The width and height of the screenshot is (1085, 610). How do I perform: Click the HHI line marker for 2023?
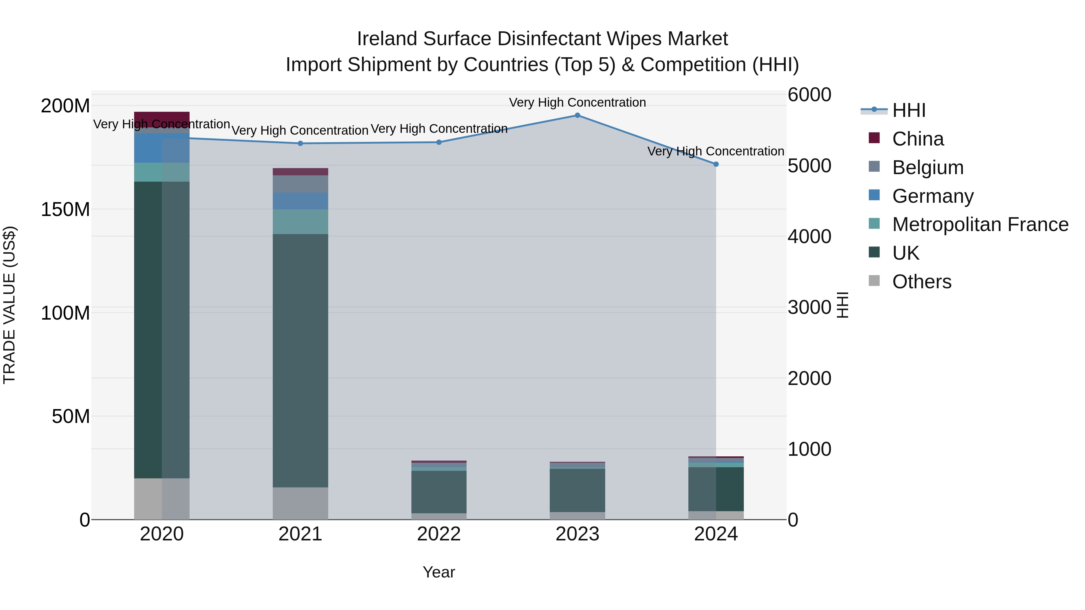(577, 115)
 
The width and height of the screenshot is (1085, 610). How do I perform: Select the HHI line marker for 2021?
(300, 144)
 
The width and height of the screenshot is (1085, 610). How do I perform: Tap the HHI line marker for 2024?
(716, 164)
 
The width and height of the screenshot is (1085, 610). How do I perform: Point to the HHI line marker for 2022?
(439, 142)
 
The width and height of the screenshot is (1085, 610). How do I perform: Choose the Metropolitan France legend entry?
(980, 224)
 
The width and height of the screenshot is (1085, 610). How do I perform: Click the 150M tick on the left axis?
(65, 209)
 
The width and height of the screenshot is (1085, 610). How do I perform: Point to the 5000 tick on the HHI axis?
(809, 166)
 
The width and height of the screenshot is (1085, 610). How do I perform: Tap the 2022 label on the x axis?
(439, 534)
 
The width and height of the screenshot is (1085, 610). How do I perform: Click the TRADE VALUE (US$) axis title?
(9, 305)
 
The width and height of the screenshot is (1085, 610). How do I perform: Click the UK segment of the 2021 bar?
(300, 360)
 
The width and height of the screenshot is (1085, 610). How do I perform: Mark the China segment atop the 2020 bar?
(162, 119)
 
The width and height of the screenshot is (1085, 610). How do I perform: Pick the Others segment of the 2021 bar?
(300, 503)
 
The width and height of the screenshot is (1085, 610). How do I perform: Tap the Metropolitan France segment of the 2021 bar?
(300, 221)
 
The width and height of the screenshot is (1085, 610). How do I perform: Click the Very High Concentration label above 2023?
(577, 102)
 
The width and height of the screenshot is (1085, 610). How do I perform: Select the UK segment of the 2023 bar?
(577, 490)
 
